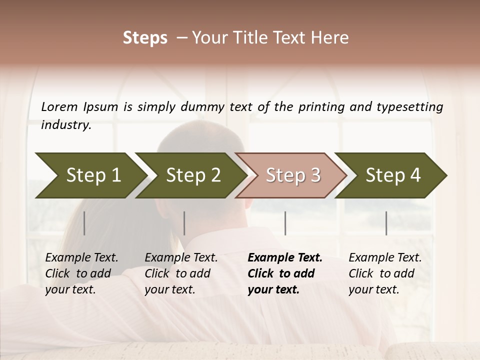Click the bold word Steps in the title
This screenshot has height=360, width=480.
(145, 38)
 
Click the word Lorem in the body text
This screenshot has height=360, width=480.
(59, 107)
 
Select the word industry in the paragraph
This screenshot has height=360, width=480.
(65, 125)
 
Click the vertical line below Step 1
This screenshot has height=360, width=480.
(84, 223)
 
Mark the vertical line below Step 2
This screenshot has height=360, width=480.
(184, 223)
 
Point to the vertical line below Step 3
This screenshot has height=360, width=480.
(285, 223)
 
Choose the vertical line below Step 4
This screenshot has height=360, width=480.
(386, 223)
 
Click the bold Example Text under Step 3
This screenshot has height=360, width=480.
(285, 258)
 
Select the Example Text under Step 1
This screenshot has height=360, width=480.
(81, 258)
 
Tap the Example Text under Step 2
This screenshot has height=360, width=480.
(181, 258)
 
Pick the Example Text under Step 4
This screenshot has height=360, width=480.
(385, 258)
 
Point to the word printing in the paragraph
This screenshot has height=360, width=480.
(317, 107)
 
